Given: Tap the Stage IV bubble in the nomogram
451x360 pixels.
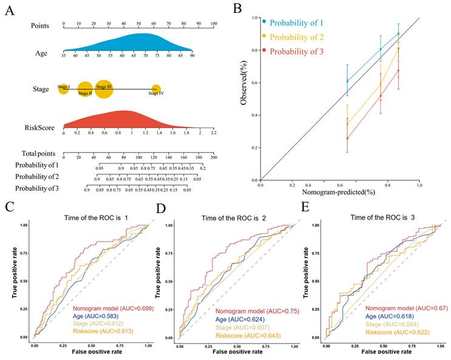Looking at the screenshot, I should click(156, 90).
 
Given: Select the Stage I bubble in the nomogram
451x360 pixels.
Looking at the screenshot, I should click(64, 88).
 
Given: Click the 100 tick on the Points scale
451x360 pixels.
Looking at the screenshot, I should click(214, 23).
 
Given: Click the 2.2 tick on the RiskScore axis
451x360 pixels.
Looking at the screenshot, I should click(214, 132).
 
